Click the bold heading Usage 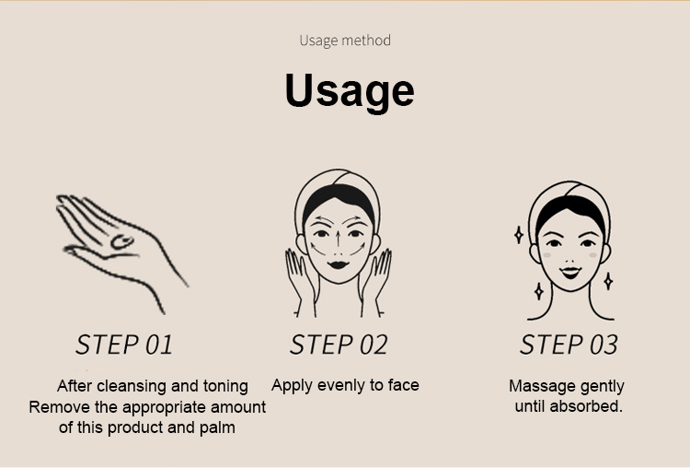click(x=350, y=91)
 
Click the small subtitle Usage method click(x=345, y=41)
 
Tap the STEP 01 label click(x=124, y=345)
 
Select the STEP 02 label click(x=339, y=345)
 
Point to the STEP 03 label click(x=569, y=345)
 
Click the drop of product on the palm click(x=122, y=241)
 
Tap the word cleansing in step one click(x=131, y=386)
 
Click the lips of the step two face click(x=338, y=264)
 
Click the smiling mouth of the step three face click(x=570, y=272)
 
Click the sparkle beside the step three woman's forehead click(x=519, y=235)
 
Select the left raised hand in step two click(x=302, y=282)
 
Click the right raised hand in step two click(x=375, y=282)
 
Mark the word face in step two click(x=404, y=385)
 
